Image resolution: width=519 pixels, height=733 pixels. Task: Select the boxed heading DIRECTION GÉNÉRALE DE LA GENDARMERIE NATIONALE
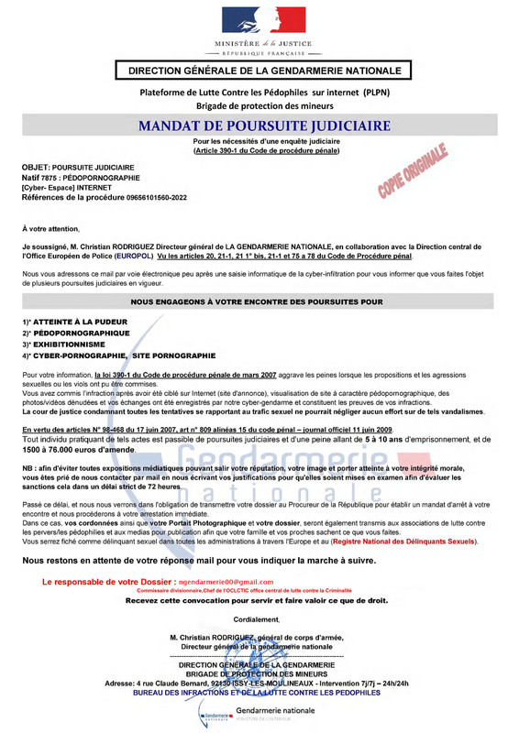264,71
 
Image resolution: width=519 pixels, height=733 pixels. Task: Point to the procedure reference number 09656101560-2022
142,197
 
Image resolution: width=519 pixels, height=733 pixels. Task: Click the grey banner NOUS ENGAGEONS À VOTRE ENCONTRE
257,301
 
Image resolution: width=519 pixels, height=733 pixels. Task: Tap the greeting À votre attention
50,226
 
